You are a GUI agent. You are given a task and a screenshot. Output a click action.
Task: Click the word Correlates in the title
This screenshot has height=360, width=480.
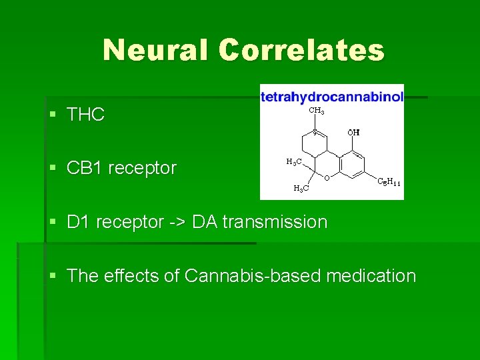point(301,50)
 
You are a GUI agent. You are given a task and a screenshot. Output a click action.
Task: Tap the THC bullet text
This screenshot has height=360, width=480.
point(85,115)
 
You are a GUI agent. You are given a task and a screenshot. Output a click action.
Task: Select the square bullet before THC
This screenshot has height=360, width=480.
point(53,115)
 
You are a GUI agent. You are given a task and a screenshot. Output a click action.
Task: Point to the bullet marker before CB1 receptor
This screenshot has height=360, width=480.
point(53,168)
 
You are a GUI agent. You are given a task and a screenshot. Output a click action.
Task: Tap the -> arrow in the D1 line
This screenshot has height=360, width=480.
point(178,222)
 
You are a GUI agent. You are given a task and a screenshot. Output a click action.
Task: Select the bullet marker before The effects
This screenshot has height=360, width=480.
point(53,276)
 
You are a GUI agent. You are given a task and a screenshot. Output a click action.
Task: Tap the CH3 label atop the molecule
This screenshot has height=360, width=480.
point(317,111)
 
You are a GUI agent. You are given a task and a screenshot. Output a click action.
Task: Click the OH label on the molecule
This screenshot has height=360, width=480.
point(353,132)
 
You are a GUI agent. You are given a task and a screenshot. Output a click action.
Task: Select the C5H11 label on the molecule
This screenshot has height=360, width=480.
point(389,181)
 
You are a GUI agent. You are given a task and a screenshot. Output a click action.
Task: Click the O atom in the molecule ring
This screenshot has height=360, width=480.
point(327,177)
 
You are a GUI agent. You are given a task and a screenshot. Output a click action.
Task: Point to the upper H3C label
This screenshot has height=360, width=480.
point(293,161)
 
